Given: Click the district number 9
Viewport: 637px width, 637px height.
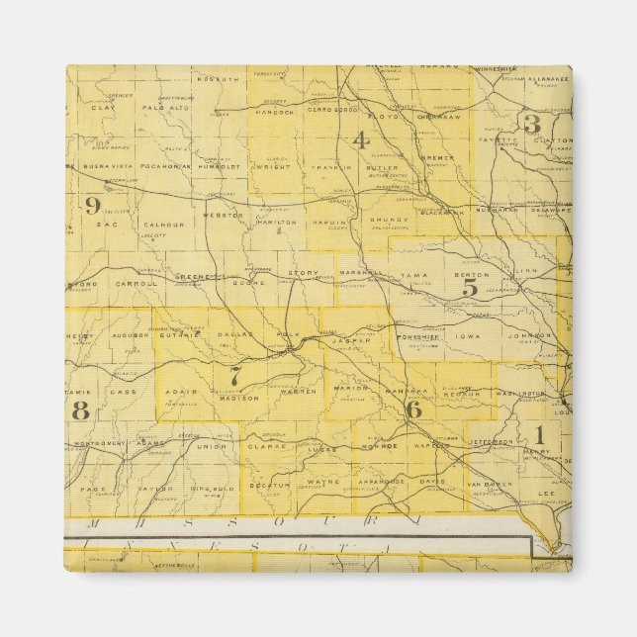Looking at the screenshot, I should click(92, 206).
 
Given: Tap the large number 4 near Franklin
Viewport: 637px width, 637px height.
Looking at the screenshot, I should click(360, 139).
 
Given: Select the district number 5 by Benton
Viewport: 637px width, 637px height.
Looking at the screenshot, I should click(470, 288).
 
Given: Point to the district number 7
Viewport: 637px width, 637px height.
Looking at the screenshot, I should click(235, 377).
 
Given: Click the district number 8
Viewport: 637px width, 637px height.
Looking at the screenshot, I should click(80, 409).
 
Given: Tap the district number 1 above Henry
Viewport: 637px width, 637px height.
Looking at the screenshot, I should click(539, 432).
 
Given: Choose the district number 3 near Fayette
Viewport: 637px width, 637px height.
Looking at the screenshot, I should click(531, 124).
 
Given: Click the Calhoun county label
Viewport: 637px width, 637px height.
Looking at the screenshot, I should click(162, 225).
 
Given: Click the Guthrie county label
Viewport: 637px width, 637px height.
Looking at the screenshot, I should click(182, 334).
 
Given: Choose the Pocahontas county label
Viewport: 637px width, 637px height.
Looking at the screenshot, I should click(159, 167).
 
